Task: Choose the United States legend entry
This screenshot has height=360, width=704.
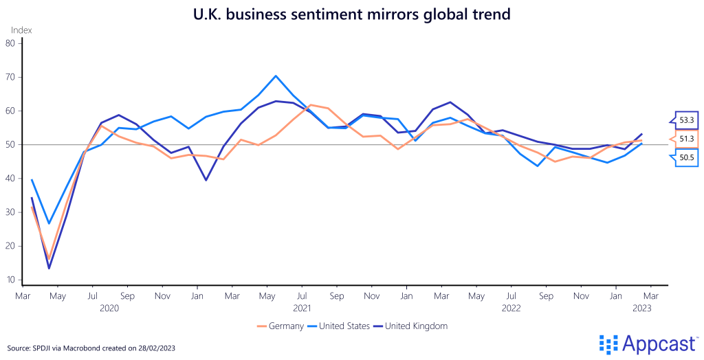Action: click(340, 326)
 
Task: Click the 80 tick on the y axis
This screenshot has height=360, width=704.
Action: click(10, 43)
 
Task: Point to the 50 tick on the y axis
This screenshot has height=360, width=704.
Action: click(10, 144)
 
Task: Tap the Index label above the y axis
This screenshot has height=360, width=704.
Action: click(21, 30)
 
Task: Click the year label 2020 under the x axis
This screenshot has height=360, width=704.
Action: click(109, 308)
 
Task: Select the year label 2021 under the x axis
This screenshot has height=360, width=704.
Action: click(302, 308)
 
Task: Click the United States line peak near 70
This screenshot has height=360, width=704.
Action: click(276, 76)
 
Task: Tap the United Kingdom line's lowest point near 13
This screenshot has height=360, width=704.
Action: click(49, 268)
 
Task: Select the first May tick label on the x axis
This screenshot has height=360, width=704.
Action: click(57, 295)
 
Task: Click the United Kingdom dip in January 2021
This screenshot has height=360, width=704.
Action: click(206, 180)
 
